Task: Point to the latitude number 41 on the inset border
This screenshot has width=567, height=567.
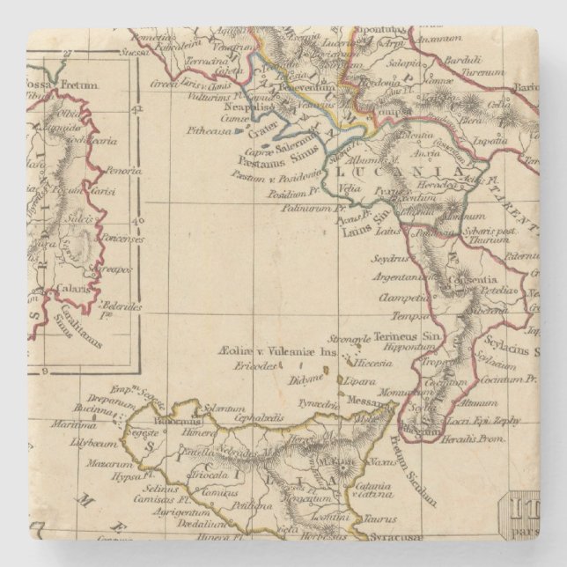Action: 136,112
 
